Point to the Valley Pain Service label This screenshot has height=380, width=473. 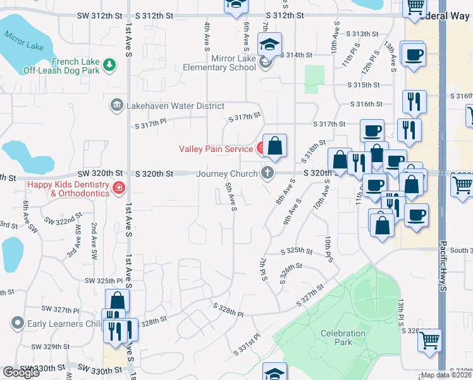click(216, 149)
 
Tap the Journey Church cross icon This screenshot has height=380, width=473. click(268, 173)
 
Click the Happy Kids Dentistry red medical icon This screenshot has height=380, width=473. click(118, 187)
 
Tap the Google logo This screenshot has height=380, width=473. click(21, 372)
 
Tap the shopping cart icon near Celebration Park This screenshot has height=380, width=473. click(430, 340)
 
